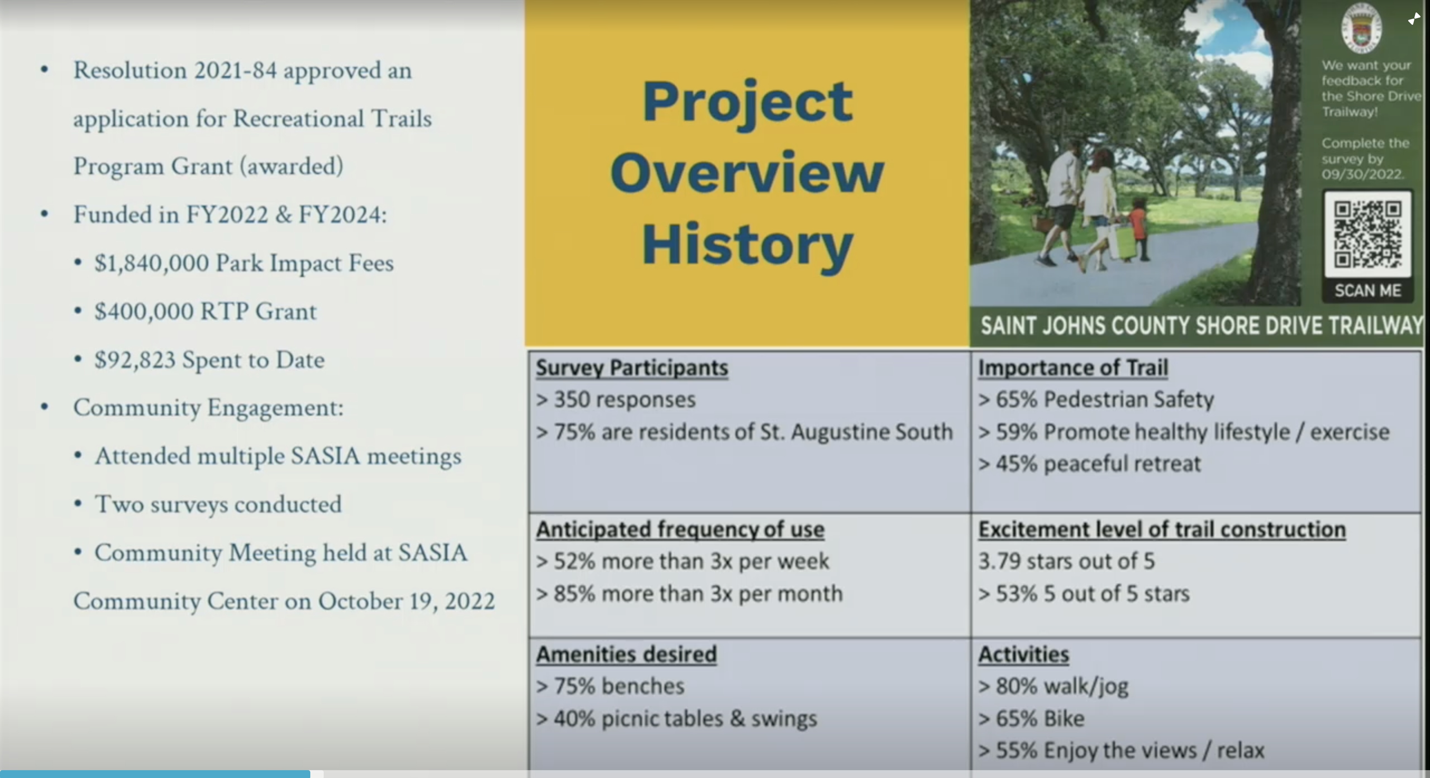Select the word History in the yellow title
tap(747, 246)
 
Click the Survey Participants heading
tap(632, 368)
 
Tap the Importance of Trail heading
tap(1072, 368)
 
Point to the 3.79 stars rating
tap(1066, 561)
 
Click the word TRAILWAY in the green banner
tap(1375, 326)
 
